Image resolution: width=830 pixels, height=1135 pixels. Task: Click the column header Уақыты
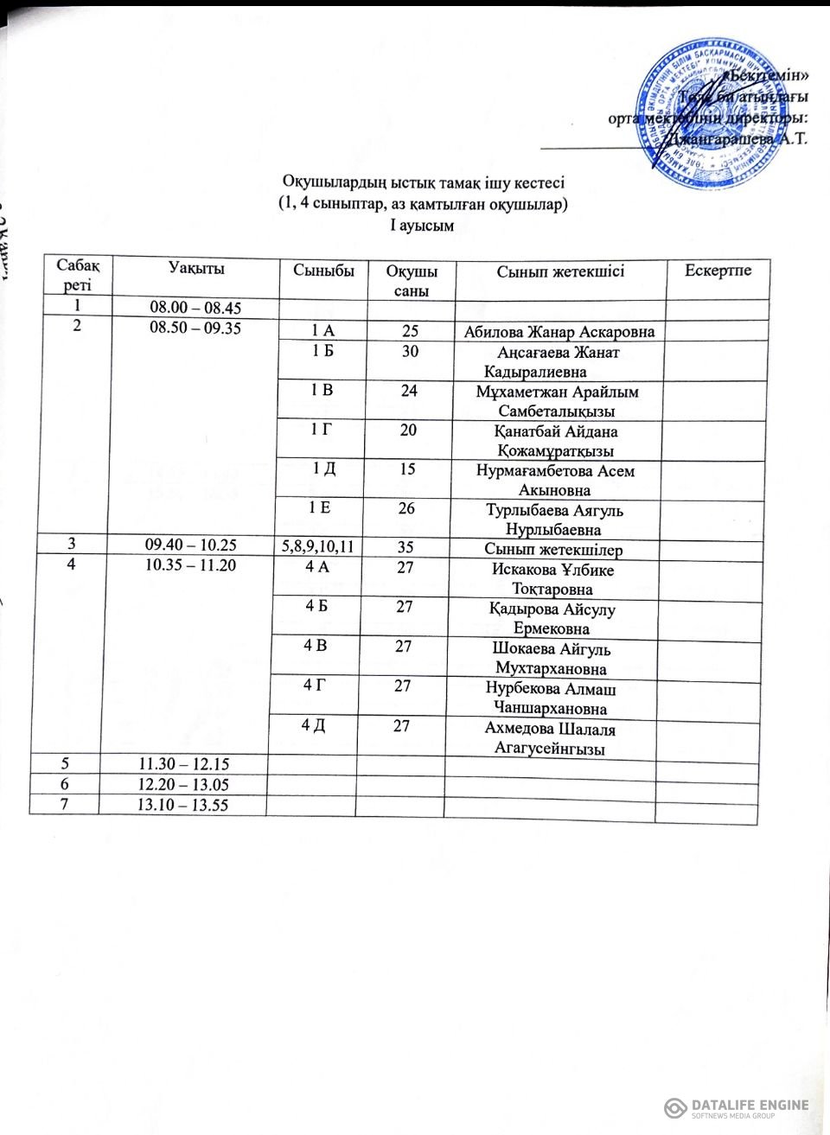pyautogui.click(x=196, y=269)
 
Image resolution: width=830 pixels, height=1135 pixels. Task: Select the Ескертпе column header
pyautogui.click(x=718, y=271)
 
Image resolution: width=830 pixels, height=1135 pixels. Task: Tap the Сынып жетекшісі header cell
pyautogui.click(x=560, y=271)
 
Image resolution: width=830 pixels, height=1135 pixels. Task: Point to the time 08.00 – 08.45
pyautogui.click(x=195, y=308)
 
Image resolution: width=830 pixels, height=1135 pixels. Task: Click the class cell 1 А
pyautogui.click(x=322, y=331)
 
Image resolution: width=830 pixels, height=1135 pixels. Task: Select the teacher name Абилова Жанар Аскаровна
pyautogui.click(x=559, y=332)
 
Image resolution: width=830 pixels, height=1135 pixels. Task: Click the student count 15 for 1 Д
pyautogui.click(x=407, y=469)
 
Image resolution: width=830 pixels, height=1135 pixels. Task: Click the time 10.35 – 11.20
pyautogui.click(x=194, y=565)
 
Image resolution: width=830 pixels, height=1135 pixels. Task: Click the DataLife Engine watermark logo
pyautogui.click(x=736, y=1107)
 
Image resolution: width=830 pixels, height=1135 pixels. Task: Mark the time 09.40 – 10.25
pyautogui.click(x=193, y=545)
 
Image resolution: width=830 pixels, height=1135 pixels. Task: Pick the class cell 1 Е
pyautogui.click(x=320, y=508)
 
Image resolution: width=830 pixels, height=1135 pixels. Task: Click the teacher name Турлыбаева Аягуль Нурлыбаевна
pyautogui.click(x=554, y=520)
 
